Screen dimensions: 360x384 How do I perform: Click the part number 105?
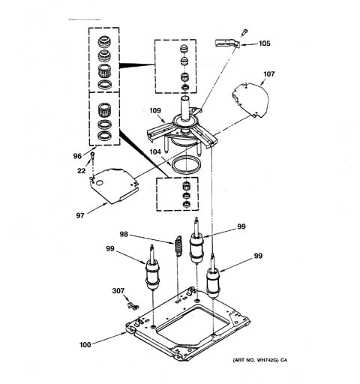pyautogui.click(x=264, y=43)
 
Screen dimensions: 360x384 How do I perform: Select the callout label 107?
pyautogui.click(x=268, y=74)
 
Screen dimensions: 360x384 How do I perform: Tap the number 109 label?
pyautogui.click(x=155, y=110)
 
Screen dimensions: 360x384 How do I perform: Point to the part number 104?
pyautogui.click(x=155, y=151)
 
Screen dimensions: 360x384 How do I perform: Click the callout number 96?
pyautogui.click(x=77, y=156)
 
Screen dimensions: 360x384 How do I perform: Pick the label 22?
pyautogui.click(x=81, y=171)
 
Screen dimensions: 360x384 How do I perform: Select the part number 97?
pyautogui.click(x=80, y=215)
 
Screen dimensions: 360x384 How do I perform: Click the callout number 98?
pyautogui.click(x=124, y=234)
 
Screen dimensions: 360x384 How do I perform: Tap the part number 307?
pyautogui.click(x=118, y=291)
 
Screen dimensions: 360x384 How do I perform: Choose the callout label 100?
pyautogui.click(x=85, y=345)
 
